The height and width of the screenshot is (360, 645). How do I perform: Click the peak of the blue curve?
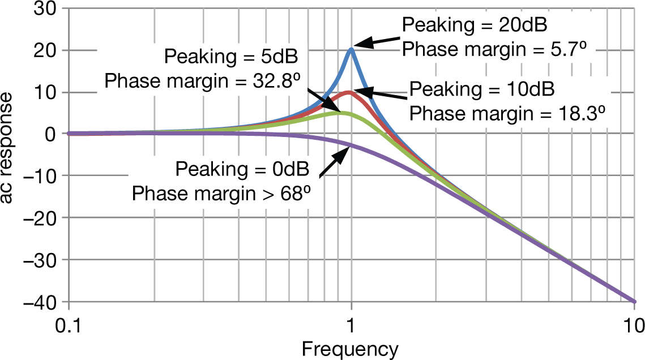coord(351,49)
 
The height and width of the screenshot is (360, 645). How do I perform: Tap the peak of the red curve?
coord(349,92)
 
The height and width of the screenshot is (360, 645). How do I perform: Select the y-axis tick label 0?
coord(49,134)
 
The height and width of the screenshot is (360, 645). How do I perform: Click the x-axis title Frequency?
coord(350,348)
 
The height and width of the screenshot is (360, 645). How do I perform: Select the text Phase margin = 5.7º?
coord(493,50)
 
